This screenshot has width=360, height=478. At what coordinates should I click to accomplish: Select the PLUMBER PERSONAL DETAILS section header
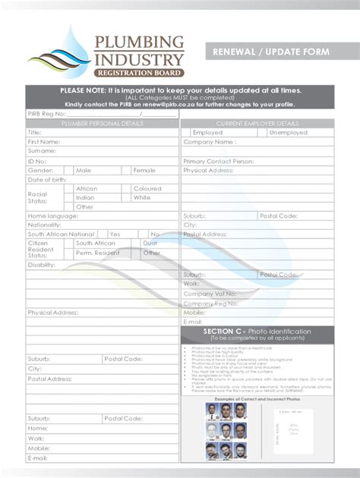pyautogui.click(x=102, y=123)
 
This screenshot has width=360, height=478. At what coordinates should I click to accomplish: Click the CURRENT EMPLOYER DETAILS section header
pyautogui.click(x=257, y=123)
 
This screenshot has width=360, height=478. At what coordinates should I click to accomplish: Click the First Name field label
pyautogui.click(x=44, y=142)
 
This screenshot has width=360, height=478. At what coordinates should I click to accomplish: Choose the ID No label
pyautogui.click(x=37, y=161)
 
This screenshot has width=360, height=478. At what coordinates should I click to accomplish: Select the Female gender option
pyautogui.click(x=144, y=171)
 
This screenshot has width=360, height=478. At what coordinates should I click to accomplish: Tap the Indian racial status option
pyautogui.click(x=85, y=197)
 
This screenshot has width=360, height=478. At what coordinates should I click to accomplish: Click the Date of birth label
pyautogui.click(x=47, y=180)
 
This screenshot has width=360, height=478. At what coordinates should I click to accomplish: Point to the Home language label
pyautogui.click(x=53, y=215)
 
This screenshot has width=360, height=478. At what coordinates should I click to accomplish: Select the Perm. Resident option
pyautogui.click(x=97, y=253)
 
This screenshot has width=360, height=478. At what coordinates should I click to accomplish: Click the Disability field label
pyautogui.click(x=42, y=265)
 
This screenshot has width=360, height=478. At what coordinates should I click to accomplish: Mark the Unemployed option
pyautogui.click(x=288, y=132)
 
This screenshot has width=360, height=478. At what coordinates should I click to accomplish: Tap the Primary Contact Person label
pyautogui.click(x=218, y=161)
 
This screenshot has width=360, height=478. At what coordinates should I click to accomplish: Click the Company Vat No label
pyautogui.click(x=210, y=293)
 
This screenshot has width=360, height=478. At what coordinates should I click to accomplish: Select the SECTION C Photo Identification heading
pyautogui.click(x=257, y=332)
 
